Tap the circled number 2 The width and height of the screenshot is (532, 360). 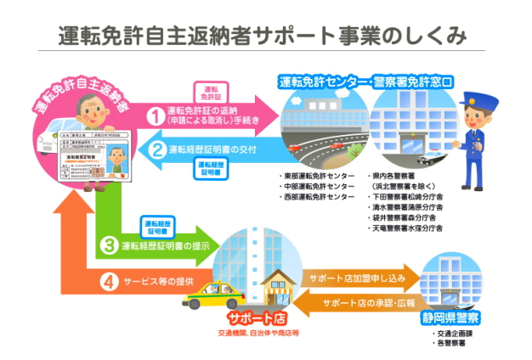click(x=156, y=150)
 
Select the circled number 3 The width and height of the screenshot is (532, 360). click(x=109, y=247)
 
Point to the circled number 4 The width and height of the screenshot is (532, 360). click(x=108, y=281)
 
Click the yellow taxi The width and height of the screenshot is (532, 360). click(x=205, y=298)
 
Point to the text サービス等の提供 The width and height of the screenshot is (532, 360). click(x=160, y=281)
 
